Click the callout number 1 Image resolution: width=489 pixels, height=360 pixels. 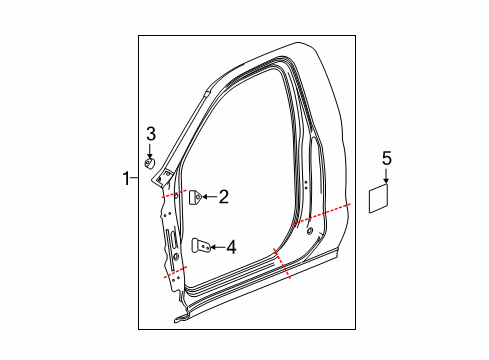(x=126, y=179)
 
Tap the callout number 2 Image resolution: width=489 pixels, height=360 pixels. (x=223, y=198)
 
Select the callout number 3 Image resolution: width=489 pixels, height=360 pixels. (x=150, y=134)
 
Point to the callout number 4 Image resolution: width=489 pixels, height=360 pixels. (x=230, y=245)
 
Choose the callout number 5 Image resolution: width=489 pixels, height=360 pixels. (x=386, y=157)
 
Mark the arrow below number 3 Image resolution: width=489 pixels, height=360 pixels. (x=150, y=149)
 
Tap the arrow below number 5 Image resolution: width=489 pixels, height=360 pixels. (x=386, y=176)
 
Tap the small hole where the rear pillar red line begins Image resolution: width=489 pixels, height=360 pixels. (x=309, y=231)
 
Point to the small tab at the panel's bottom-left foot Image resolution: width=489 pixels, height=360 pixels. (x=180, y=319)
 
